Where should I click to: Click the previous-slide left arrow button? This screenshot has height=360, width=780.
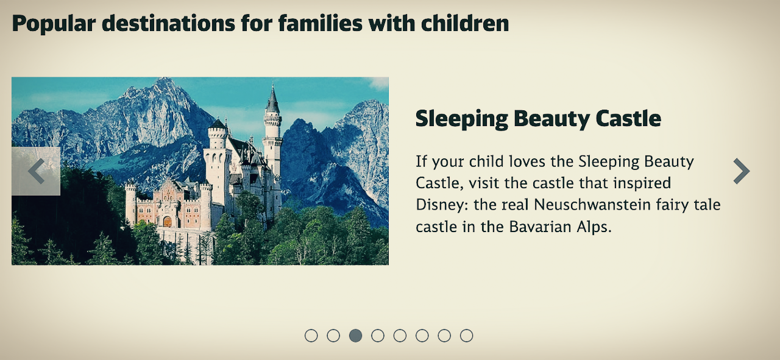coord(36,171)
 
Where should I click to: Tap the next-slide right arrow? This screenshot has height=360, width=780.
coord(742,171)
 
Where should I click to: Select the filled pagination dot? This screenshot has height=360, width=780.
coord(355,336)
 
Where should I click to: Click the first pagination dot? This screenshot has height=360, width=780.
coord(311,336)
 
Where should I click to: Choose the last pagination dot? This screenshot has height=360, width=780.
coord(467,336)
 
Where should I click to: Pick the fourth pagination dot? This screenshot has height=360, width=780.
coord(378,336)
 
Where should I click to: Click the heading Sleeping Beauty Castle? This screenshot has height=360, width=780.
coord(538,119)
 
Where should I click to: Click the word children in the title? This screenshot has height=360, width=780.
coord(465,23)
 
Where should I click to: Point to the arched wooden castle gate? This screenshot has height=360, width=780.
coord(168,222)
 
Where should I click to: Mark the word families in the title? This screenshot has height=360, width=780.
coord(321,23)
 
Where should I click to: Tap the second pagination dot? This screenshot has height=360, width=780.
coord(333,336)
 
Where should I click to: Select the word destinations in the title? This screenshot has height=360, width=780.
coord(168,23)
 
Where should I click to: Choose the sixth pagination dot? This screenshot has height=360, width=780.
coord(422,336)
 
